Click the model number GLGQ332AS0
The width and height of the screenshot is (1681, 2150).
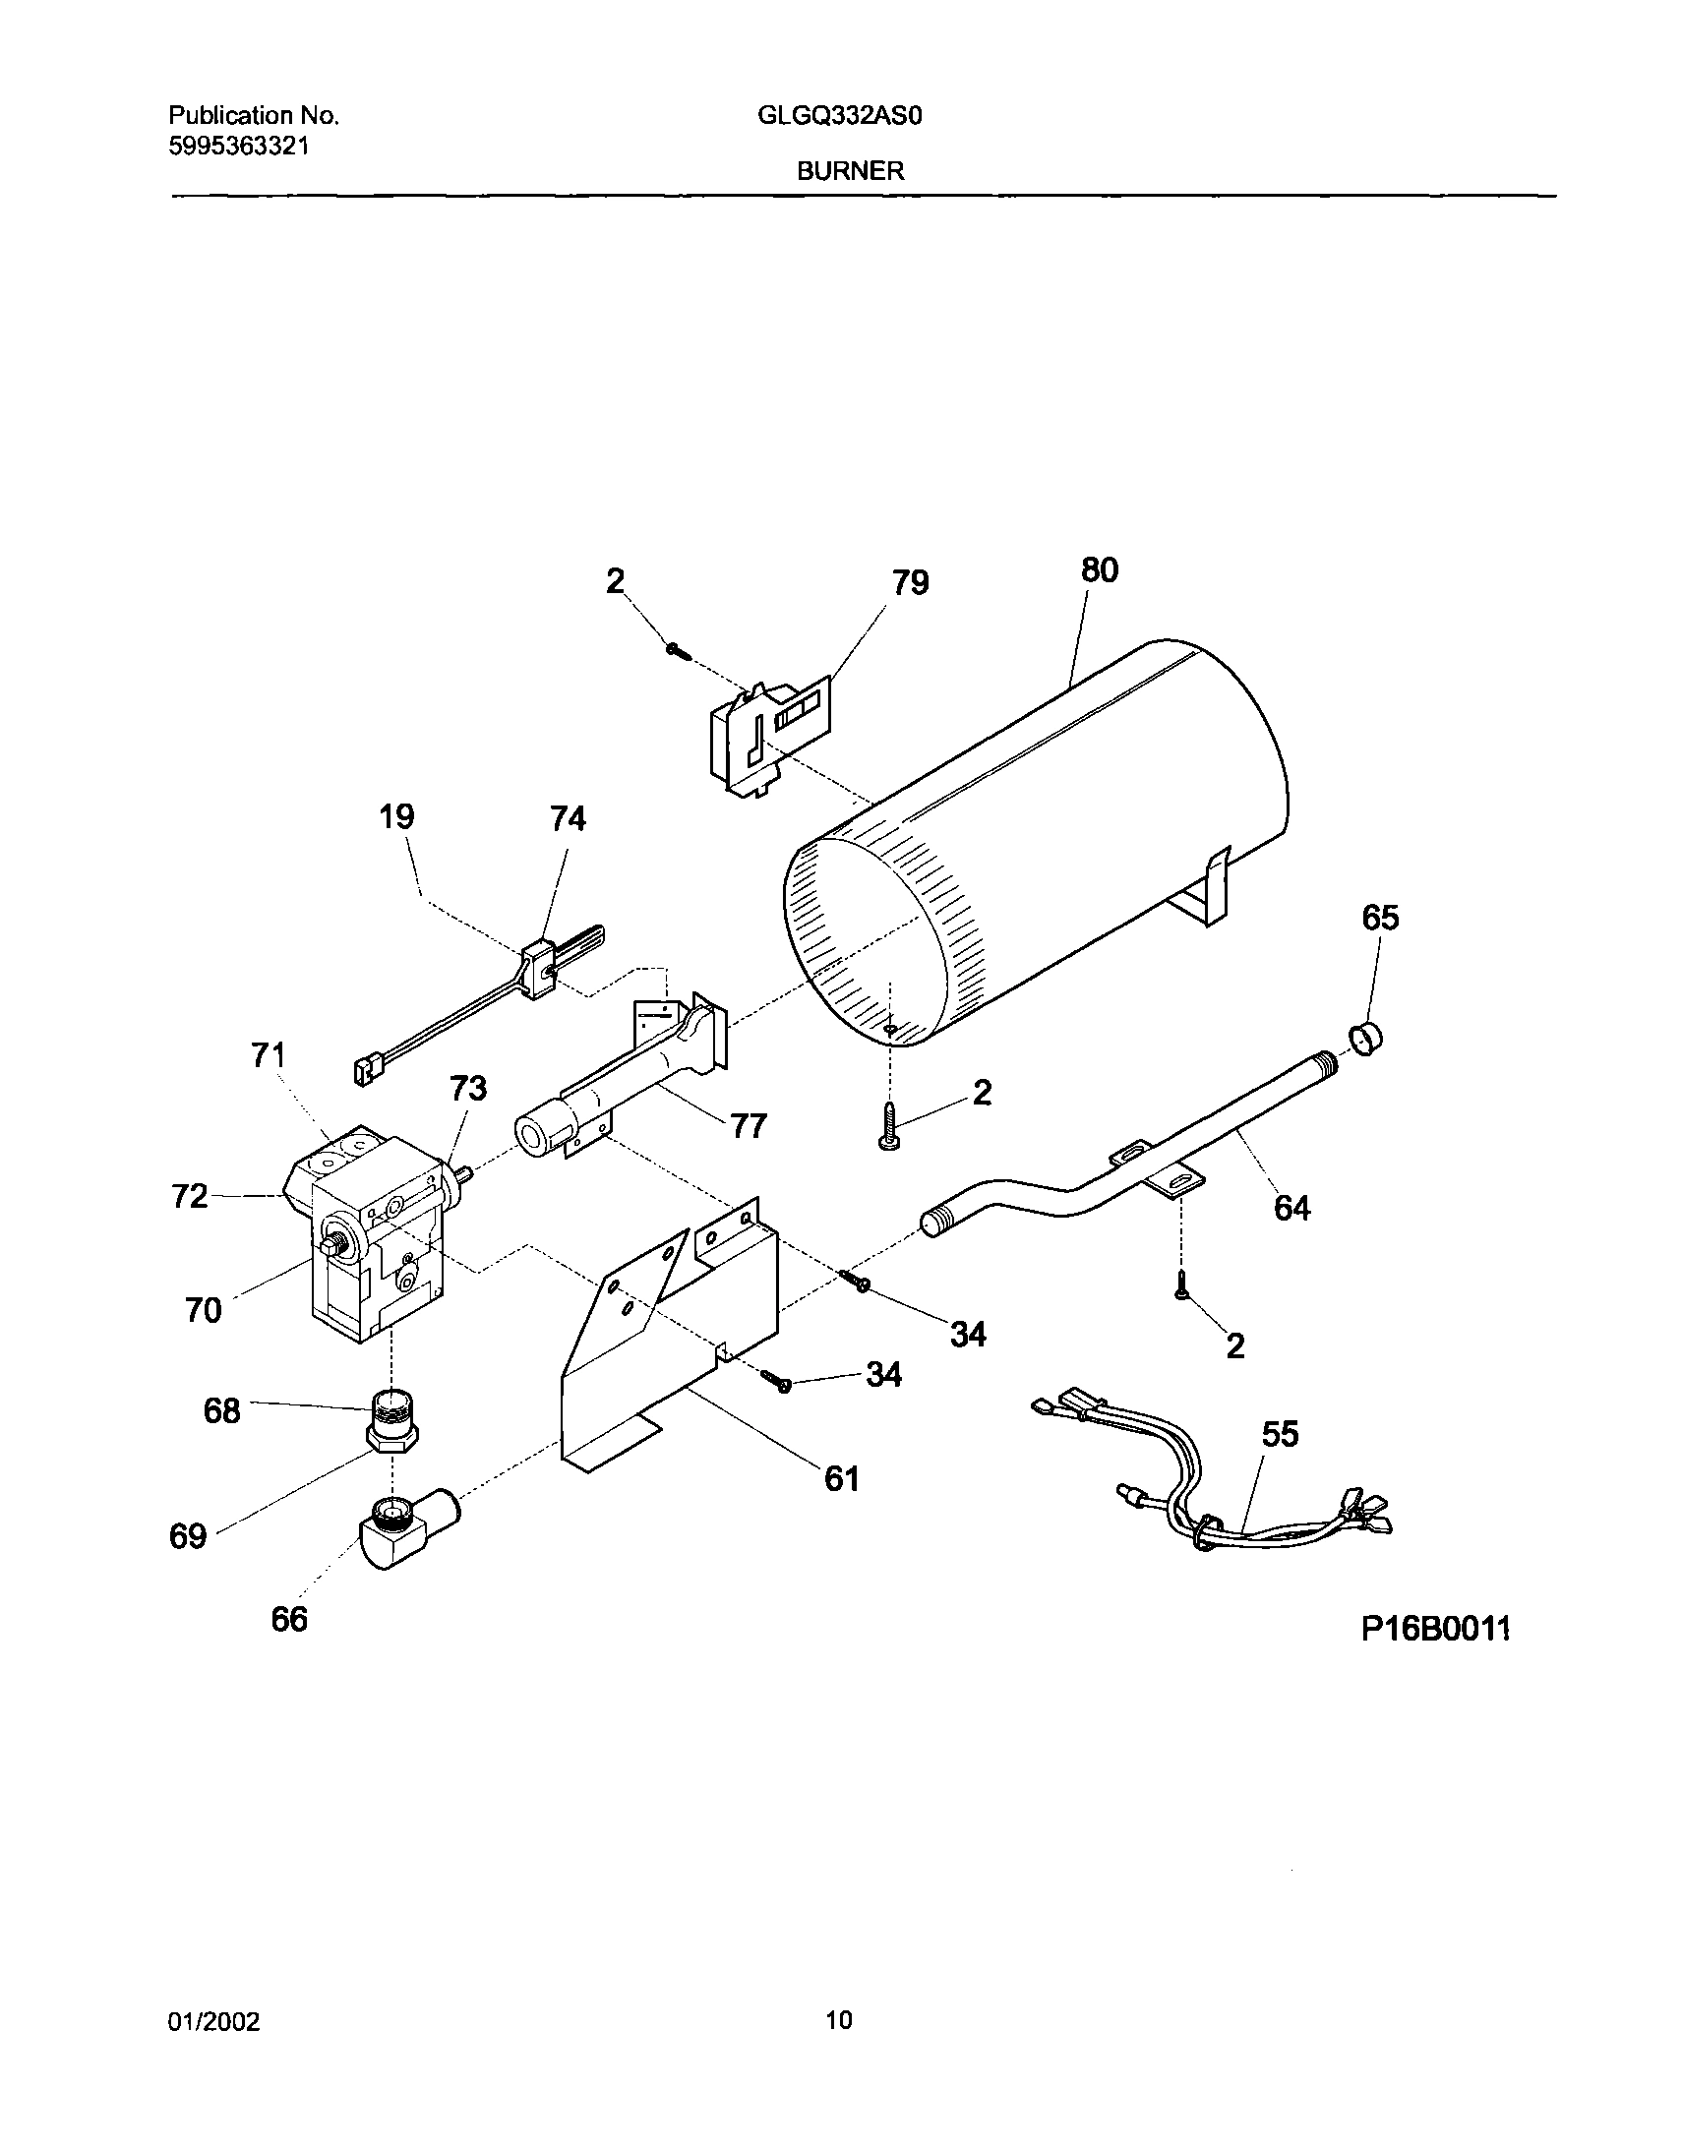click(x=840, y=117)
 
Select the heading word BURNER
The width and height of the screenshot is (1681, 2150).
click(x=850, y=171)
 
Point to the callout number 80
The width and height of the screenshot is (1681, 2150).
click(x=1099, y=571)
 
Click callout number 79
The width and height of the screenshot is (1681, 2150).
click(x=910, y=584)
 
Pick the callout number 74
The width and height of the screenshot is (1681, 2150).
click(x=568, y=819)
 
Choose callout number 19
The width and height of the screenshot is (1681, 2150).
click(x=396, y=817)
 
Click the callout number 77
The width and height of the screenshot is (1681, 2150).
click(x=749, y=1125)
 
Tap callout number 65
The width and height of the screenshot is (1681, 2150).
click(x=1380, y=919)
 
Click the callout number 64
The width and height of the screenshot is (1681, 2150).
click(x=1292, y=1208)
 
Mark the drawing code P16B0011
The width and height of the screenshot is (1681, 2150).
click(x=1435, y=1631)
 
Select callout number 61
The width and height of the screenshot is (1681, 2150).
click(x=842, y=1479)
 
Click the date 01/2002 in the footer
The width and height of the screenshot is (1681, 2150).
click(x=213, y=2022)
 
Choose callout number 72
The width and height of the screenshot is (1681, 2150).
click(x=189, y=1196)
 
